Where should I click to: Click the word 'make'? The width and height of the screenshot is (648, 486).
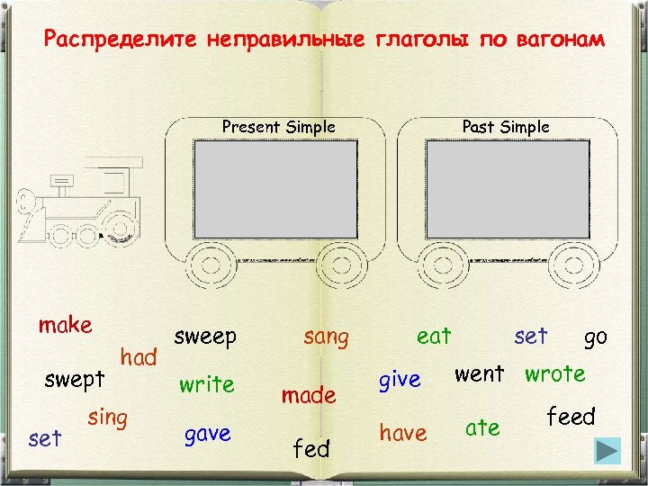coord(65,325)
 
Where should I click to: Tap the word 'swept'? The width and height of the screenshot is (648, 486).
coord(75,379)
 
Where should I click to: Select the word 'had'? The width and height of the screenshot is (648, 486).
coord(139,357)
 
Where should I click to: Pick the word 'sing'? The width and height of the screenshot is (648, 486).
coord(107,418)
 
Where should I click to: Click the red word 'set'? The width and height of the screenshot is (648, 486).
coord(45,438)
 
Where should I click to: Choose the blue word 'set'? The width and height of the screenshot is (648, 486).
coord(530,336)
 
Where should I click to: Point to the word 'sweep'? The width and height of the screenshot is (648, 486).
coord(205,337)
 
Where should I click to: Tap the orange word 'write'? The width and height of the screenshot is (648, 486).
coord(206,384)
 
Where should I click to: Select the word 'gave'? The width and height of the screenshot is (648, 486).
coord(207,434)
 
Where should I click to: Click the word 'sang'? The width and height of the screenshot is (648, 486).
coord(326,337)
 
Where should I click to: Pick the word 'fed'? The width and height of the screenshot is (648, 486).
coord(312,448)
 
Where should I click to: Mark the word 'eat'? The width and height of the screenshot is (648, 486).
coord(434,336)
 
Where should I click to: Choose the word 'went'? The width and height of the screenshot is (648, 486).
coord(479,373)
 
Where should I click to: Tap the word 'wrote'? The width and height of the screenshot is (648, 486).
coord(554,373)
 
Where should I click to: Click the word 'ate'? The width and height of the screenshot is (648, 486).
coord(482,428)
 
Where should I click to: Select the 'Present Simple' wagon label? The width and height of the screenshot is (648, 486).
coord(278,127)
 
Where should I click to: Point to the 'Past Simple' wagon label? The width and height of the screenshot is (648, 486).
coord(505,127)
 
